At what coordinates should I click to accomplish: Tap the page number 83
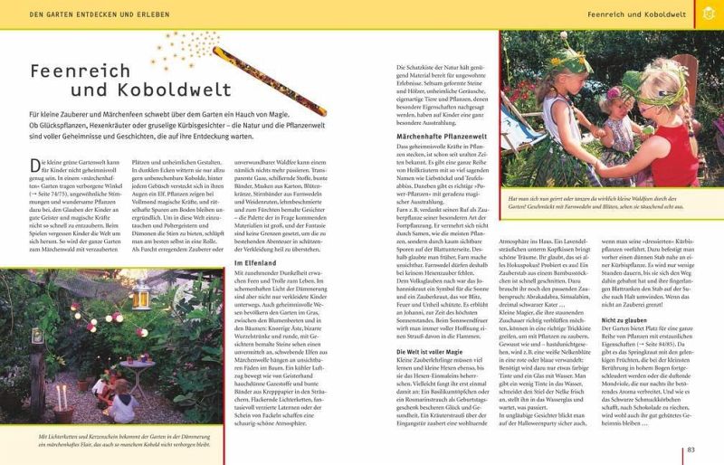(x=691, y=450)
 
